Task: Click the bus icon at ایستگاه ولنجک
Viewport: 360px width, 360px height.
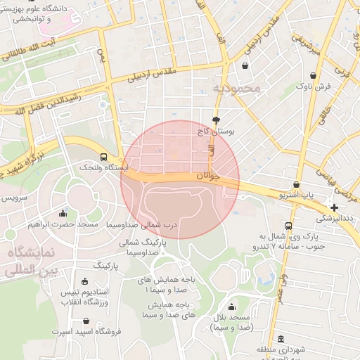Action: coord(104,157)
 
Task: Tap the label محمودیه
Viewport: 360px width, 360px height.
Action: coord(236,89)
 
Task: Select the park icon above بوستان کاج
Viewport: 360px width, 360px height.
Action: coord(216,120)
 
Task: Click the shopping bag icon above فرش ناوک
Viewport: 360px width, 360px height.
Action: coord(313,75)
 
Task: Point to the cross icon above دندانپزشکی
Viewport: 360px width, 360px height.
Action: coord(334,207)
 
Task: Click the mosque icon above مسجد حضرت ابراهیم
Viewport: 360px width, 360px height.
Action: coord(63,213)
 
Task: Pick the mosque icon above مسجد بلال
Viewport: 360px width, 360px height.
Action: coord(231,307)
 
